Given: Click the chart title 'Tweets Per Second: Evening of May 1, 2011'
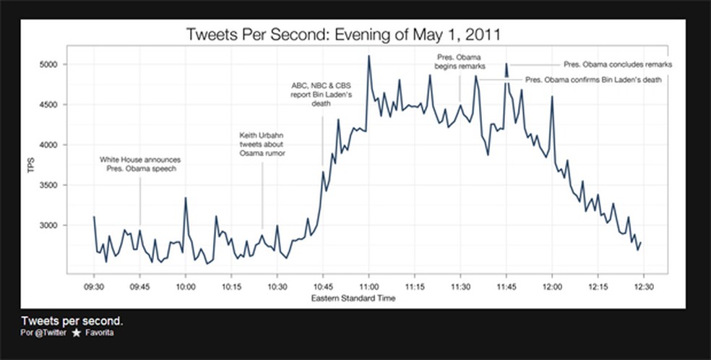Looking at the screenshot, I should click(343, 34).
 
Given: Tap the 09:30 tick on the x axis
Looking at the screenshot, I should click(94, 286).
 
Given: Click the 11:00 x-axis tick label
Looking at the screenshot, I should click(369, 286).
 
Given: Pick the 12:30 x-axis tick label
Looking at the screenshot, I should click(643, 286).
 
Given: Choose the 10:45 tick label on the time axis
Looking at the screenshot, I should click(323, 286).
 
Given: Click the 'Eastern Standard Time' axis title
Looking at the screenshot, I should click(353, 299).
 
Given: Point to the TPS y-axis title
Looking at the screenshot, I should click(30, 165).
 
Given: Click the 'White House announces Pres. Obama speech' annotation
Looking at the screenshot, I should click(140, 164).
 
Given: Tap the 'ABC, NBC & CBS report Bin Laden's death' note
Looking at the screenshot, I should click(322, 94).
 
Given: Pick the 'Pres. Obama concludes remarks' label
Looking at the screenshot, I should click(618, 64).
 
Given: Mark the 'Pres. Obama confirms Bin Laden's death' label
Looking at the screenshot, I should click(593, 80).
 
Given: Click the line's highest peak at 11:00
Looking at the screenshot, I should click(369, 56).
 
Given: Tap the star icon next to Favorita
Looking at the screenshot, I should click(76, 333).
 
